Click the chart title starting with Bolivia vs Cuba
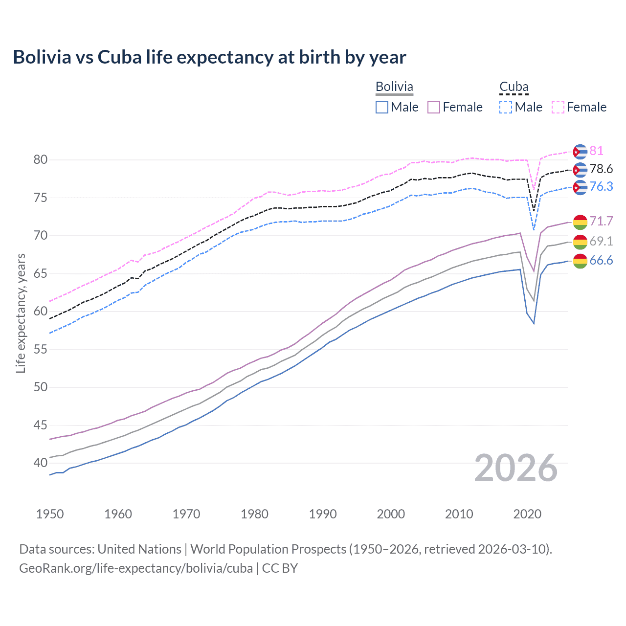click(x=209, y=57)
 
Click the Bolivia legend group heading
click(x=394, y=87)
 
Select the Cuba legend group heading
click(x=514, y=87)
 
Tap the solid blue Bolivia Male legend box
click(x=382, y=107)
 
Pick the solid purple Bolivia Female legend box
click(x=434, y=107)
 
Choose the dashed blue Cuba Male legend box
click(x=506, y=107)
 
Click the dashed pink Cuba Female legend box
click(x=558, y=107)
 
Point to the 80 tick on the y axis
click(x=41, y=160)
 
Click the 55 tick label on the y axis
click(x=41, y=349)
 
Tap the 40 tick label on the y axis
click(x=41, y=463)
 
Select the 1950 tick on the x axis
click(x=50, y=514)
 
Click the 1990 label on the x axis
click(x=323, y=514)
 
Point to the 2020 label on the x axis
click(x=527, y=514)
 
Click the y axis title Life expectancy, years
click(x=21, y=313)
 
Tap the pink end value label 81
click(x=596, y=151)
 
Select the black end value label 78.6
click(x=601, y=169)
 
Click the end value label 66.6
click(x=601, y=261)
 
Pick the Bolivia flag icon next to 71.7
click(x=580, y=222)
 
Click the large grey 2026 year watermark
click(x=515, y=469)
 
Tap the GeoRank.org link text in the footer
click(x=136, y=568)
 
